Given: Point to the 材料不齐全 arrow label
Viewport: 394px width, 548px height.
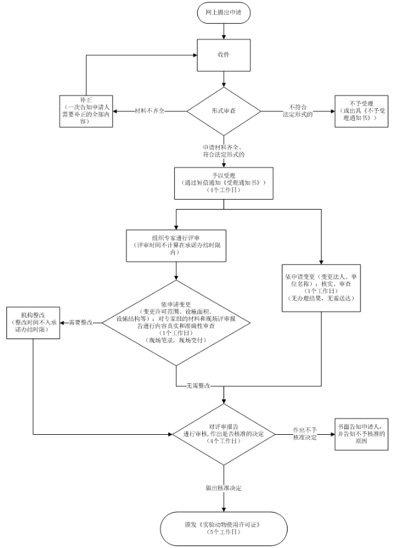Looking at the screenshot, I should coord(150,110).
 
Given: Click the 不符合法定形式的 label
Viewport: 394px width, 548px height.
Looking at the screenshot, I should coord(299,111).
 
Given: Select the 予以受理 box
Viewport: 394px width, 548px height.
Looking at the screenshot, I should coord(223,183).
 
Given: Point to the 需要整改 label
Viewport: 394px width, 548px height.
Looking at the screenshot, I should coord(80,322).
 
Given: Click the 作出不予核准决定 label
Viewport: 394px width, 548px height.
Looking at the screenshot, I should coord(305,434).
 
